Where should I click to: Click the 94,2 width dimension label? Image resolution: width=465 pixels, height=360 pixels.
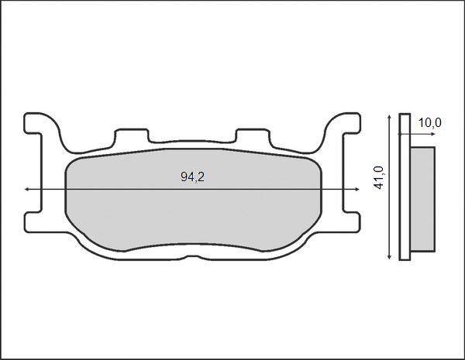pos(192,177)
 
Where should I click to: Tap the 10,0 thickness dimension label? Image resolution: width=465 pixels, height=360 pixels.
pos(429,122)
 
